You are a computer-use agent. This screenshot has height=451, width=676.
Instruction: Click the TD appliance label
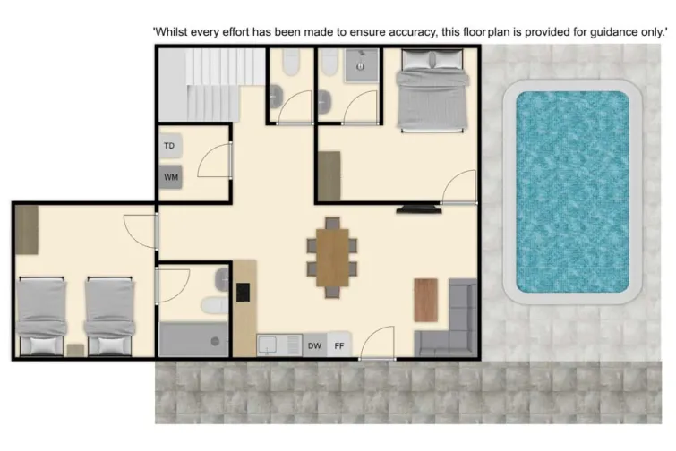(x=169, y=145)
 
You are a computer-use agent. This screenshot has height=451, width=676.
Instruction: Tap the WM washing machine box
(x=170, y=177)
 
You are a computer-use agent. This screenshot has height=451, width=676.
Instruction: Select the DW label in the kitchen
(x=314, y=345)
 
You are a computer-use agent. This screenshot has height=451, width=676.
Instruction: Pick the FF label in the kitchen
(x=339, y=345)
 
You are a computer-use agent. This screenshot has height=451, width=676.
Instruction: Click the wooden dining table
(x=332, y=257)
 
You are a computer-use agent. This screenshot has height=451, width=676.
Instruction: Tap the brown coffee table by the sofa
(x=425, y=299)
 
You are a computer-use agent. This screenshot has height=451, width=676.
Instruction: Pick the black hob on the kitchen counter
(x=242, y=292)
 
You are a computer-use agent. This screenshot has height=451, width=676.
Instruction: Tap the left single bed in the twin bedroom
(x=42, y=315)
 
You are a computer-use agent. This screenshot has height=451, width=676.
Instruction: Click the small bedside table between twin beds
(x=75, y=350)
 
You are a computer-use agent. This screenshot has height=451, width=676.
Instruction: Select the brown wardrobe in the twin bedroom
(x=27, y=230)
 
